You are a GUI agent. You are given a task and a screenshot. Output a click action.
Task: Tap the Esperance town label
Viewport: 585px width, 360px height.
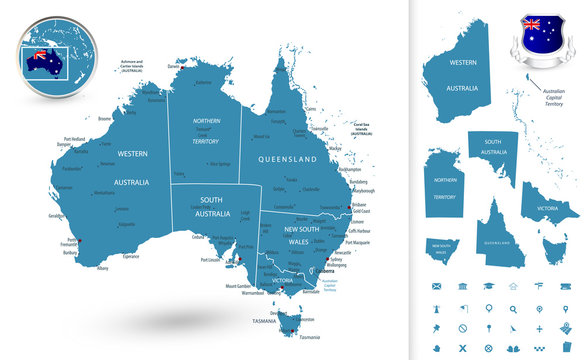point(131,256)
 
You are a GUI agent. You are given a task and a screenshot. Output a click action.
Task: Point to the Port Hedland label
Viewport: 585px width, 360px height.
point(74,139)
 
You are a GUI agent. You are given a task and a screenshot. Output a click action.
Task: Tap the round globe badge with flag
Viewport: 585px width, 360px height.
point(47,60)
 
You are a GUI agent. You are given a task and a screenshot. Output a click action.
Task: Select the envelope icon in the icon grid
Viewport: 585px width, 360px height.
point(437,286)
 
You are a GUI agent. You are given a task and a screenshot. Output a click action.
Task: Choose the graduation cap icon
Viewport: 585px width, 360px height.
point(489,286)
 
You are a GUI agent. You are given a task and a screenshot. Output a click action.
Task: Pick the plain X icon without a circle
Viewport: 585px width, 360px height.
point(463,348)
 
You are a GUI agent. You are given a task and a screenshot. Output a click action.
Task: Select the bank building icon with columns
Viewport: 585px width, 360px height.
point(463,286)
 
